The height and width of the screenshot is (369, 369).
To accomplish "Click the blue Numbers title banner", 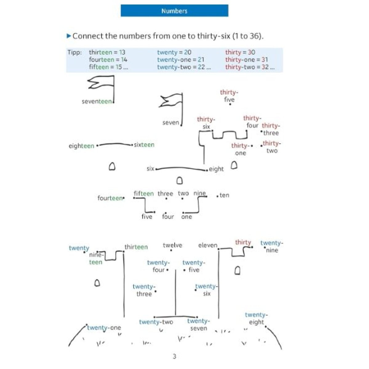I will pos(174,11).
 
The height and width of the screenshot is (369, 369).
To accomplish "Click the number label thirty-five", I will pos(229,96).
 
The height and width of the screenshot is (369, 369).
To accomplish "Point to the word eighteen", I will pos(81,146).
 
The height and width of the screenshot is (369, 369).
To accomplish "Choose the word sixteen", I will pos(144,145).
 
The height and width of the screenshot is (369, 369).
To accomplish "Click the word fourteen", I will pos(110,198).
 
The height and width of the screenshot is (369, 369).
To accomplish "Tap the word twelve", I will pos(172,245).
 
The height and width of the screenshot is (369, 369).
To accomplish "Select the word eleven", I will pos(208,245).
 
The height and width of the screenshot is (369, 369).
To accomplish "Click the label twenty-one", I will pos(104,328).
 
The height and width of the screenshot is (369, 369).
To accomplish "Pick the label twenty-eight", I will pos(256,318).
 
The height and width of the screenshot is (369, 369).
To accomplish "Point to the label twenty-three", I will pos(144,290).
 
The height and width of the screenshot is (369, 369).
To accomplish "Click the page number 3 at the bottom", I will pos(174,356).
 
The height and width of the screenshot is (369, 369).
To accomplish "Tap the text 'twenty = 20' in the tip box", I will pos(174,53).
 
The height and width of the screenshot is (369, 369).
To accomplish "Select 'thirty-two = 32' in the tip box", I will pos(250,67).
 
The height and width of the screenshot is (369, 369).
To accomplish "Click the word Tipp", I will pos(74,53).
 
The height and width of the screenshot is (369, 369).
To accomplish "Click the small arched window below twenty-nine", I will pos(237,271).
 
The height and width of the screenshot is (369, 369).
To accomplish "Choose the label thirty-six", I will pos(206,123).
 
